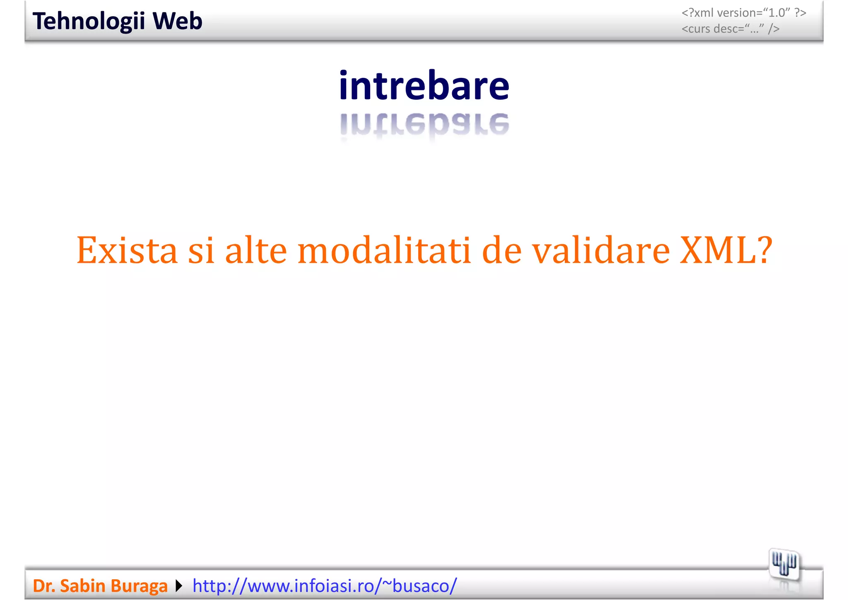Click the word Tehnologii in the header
pyautogui.click(x=89, y=21)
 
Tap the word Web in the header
pyautogui.click(x=177, y=21)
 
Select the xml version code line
pyautogui.click(x=744, y=13)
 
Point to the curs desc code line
pyautogui.click(x=730, y=29)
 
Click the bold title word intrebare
pyautogui.click(x=424, y=85)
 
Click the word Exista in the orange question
pyautogui.click(x=127, y=250)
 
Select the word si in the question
pyautogui.click(x=202, y=250)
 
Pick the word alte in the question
pyautogui.click(x=256, y=250)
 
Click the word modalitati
pyautogui.click(x=384, y=250)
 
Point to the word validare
pyautogui.click(x=601, y=250)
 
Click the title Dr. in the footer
pyautogui.click(x=44, y=585)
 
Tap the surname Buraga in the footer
pyautogui.click(x=139, y=585)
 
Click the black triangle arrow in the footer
pyautogui.click(x=179, y=586)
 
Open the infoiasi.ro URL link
pyautogui.click(x=325, y=585)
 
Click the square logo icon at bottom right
pyautogui.click(x=784, y=564)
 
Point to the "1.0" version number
pyautogui.click(x=777, y=13)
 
